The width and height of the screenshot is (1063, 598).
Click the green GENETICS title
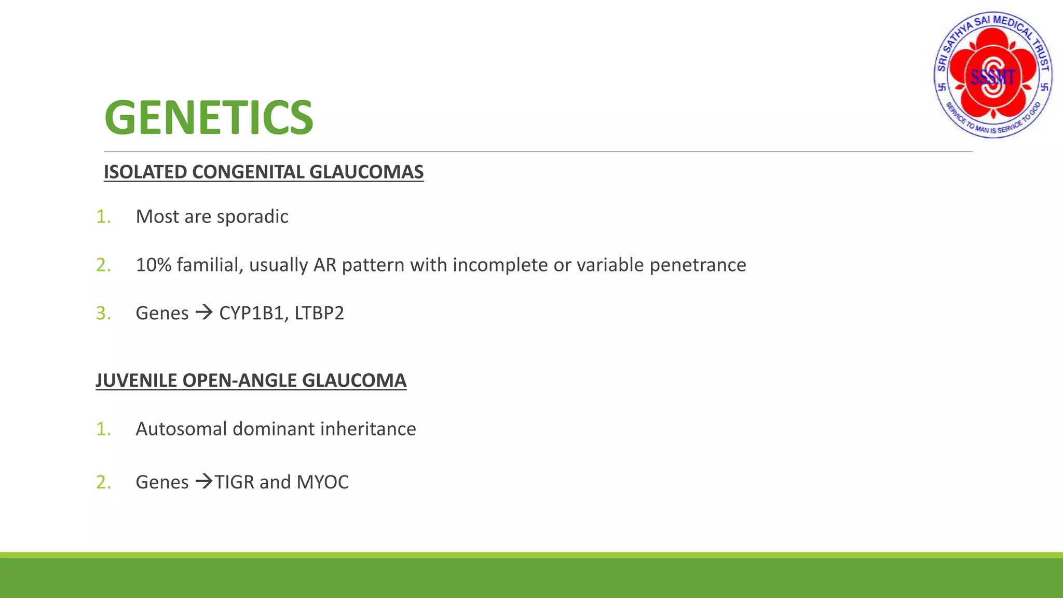[209, 118]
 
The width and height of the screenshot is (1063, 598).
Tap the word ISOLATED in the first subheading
[145, 172]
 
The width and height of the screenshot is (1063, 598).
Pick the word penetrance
[698, 265]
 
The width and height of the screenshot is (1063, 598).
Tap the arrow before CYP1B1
[204, 312]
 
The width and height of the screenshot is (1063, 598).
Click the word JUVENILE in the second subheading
[137, 380]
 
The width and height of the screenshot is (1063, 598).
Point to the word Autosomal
[181, 429]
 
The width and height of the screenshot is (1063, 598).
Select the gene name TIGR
[235, 482]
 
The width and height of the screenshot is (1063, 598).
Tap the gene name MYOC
[322, 482]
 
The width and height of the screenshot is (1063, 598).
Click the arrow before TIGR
[204, 482]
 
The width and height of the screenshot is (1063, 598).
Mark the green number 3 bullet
[103, 313]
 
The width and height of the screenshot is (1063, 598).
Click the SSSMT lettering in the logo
[992, 77]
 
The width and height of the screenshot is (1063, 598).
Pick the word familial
[210, 265]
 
